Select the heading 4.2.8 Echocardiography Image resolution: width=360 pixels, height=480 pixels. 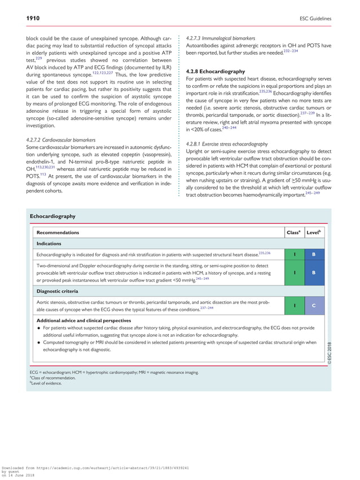215,72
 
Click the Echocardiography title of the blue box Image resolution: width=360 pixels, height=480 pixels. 52,216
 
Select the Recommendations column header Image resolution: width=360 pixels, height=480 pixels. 58,232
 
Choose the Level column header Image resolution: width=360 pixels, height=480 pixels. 313,232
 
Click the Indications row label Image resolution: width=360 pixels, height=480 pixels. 49,244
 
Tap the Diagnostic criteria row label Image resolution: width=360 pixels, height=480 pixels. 57,291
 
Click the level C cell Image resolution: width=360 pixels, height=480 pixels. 314,305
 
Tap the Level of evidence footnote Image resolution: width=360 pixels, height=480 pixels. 47,384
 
